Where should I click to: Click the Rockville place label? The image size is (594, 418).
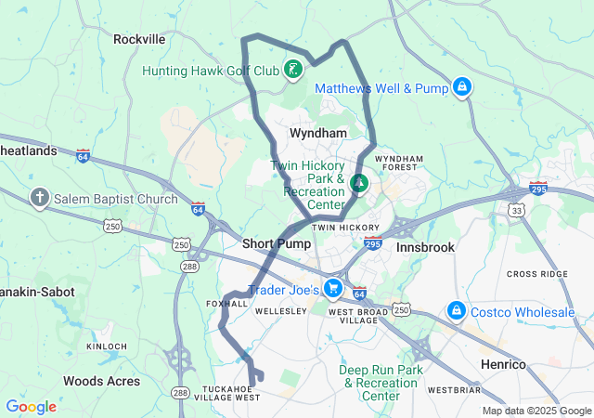[x=138, y=39]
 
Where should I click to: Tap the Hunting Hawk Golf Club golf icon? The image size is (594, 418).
[x=292, y=70]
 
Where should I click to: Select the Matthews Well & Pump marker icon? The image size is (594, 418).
[x=461, y=88]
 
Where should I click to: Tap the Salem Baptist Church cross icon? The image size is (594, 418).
[x=39, y=198]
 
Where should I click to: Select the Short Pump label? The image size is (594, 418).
[x=270, y=243]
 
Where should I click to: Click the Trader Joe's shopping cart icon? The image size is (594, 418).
[x=333, y=289]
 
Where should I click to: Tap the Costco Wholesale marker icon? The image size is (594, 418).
[x=456, y=309]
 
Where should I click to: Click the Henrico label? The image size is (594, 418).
[x=502, y=362]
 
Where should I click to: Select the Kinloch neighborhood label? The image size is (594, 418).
[x=106, y=346]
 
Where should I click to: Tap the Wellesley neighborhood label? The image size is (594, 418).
[x=280, y=310]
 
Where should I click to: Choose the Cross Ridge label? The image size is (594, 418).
[x=537, y=275]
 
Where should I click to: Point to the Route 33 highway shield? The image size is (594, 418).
[x=517, y=211]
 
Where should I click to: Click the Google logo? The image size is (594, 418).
[x=31, y=407]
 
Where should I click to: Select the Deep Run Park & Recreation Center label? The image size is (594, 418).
[x=381, y=383]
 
